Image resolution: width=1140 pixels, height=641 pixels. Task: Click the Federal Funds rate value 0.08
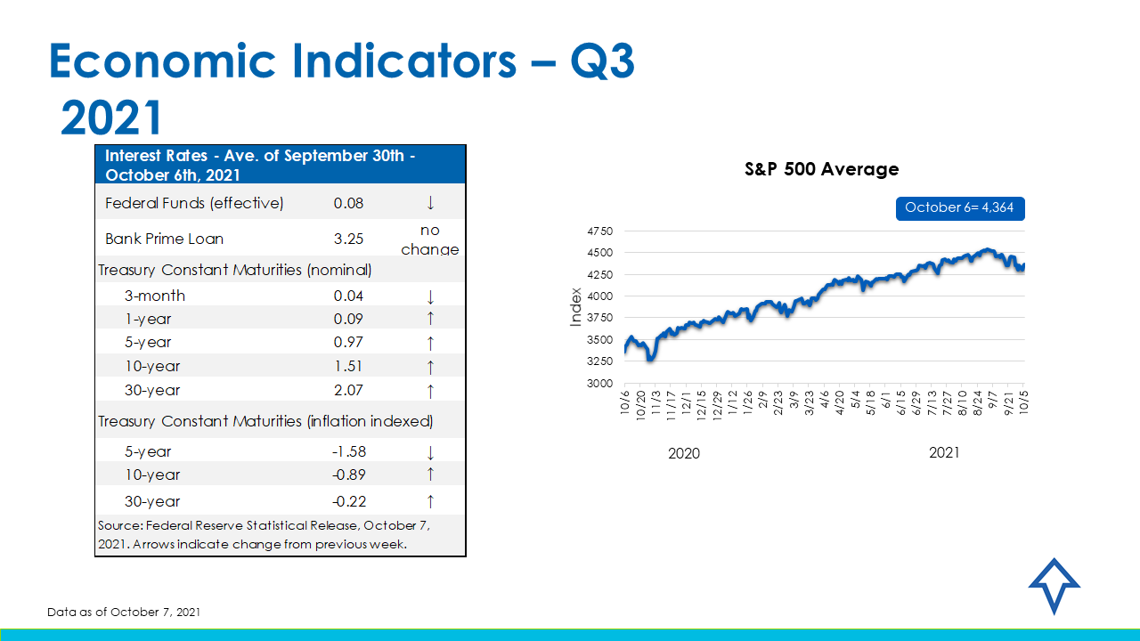point(348,203)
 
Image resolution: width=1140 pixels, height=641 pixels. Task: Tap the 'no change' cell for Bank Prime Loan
point(430,239)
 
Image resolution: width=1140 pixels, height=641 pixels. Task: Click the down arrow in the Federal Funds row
point(430,203)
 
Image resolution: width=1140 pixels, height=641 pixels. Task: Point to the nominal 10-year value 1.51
point(348,366)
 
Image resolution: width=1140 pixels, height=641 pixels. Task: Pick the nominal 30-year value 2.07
point(348,390)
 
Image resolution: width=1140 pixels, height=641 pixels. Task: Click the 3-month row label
point(155,296)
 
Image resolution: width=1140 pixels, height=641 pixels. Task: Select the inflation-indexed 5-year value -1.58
point(348,451)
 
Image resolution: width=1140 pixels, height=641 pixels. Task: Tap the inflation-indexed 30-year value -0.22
point(348,501)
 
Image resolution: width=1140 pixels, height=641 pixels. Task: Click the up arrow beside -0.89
point(430,475)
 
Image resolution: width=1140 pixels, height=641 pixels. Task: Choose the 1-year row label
point(148,319)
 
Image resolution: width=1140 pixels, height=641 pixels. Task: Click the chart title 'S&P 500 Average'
point(821,169)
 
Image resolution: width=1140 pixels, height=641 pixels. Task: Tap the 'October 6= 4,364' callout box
point(960,207)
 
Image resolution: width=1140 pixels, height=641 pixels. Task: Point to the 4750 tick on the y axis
point(599,231)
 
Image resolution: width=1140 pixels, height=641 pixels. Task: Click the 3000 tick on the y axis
point(599,383)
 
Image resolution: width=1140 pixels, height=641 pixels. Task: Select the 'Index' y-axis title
point(575,306)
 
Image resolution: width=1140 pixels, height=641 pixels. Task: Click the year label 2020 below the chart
point(684,453)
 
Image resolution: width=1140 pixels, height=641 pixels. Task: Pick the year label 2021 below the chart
point(944,452)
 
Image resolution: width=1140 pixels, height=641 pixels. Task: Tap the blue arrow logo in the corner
point(1054,585)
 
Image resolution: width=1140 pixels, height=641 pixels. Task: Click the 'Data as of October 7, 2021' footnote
point(124,612)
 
